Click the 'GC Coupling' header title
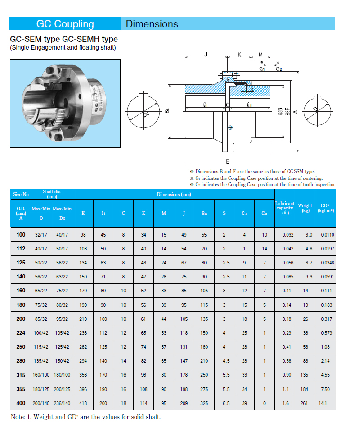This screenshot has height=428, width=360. click(65, 24)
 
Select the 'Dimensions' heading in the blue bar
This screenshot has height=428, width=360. click(152, 24)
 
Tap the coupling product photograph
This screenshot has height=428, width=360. click(65, 104)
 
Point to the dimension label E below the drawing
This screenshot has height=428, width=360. click(227, 161)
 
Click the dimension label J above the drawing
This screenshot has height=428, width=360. click(205, 55)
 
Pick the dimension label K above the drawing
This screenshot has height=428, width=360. click(239, 55)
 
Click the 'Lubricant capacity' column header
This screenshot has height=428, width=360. click(285, 208)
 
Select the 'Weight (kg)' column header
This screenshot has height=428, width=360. click(305, 208)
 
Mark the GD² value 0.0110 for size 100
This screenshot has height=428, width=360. click(328, 235)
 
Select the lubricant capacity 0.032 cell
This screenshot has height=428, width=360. click(285, 235)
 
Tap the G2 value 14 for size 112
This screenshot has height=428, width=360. click(265, 248)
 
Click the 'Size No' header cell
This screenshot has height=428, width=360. click(21, 194)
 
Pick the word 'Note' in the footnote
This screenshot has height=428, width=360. click(18, 417)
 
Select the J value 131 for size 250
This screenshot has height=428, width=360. click(184, 347)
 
